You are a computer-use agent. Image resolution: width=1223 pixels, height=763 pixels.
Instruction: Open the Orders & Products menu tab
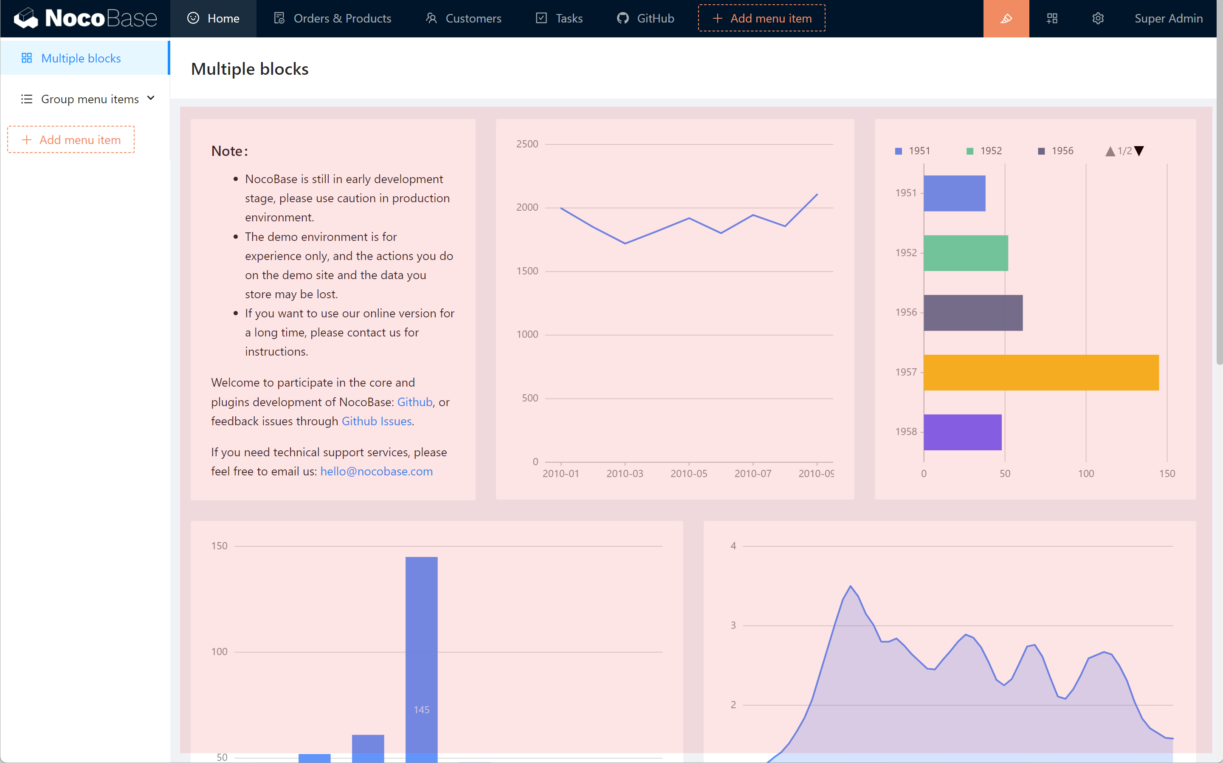point(333,19)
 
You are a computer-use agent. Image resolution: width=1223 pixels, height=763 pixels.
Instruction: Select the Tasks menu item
point(559,19)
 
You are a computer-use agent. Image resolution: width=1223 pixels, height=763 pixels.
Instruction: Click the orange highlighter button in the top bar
point(1006,19)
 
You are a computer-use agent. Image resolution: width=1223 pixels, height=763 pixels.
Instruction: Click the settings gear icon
point(1098,19)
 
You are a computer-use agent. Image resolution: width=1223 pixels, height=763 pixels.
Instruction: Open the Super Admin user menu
point(1168,19)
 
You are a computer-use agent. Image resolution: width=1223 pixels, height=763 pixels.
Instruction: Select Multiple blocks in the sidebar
point(81,58)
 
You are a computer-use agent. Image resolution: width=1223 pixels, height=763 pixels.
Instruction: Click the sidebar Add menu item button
point(71,139)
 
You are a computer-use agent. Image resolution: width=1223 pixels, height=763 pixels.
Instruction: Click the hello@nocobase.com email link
point(376,471)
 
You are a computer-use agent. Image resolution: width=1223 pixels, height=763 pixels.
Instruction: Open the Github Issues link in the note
point(376,421)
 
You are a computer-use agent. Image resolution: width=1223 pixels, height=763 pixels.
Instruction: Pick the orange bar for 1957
point(1041,373)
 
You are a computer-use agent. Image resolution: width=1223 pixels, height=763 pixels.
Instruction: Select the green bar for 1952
point(965,253)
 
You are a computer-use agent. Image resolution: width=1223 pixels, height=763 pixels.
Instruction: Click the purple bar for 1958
point(962,432)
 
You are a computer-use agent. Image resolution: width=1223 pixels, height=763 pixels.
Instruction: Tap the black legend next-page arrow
point(1139,151)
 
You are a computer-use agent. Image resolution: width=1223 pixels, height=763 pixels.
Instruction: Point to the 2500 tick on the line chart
point(527,144)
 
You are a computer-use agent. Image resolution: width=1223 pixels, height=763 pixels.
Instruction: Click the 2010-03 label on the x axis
point(624,473)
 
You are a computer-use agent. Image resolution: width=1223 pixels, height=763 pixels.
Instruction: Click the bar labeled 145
point(422,656)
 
